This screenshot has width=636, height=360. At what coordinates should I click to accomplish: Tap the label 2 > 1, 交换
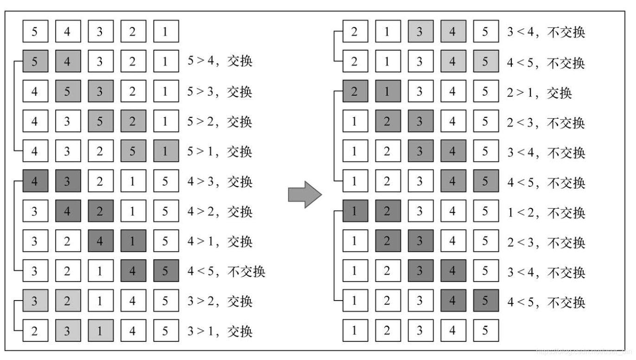pyautogui.click(x=539, y=93)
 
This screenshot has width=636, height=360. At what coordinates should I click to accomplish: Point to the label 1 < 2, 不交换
pyautogui.click(x=546, y=213)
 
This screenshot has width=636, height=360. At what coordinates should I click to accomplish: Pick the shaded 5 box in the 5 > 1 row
pyautogui.click(x=133, y=151)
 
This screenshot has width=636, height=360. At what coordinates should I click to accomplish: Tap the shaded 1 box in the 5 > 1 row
pyautogui.click(x=165, y=151)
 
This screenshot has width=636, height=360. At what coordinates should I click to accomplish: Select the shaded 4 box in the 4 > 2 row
pyautogui.click(x=67, y=212)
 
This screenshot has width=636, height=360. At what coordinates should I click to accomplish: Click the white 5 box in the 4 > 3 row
pyautogui.click(x=165, y=181)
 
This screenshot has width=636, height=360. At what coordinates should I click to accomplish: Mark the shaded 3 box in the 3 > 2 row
pyautogui.click(x=35, y=301)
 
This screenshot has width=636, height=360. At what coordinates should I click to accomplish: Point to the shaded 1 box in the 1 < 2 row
pyautogui.click(x=355, y=212)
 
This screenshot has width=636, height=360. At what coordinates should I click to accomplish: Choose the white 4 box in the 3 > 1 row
pyautogui.click(x=133, y=331)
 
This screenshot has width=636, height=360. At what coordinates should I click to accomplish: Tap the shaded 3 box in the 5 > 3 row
pyautogui.click(x=100, y=91)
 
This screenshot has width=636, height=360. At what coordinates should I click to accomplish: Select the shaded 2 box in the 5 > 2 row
pyautogui.click(x=133, y=122)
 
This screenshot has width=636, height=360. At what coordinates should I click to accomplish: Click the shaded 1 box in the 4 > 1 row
pyautogui.click(x=133, y=241)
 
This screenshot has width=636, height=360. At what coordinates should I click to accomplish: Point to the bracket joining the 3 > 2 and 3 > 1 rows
pyautogui.click(x=16, y=316)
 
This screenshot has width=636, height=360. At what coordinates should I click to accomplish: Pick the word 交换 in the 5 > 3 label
pyautogui.click(x=239, y=91)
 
